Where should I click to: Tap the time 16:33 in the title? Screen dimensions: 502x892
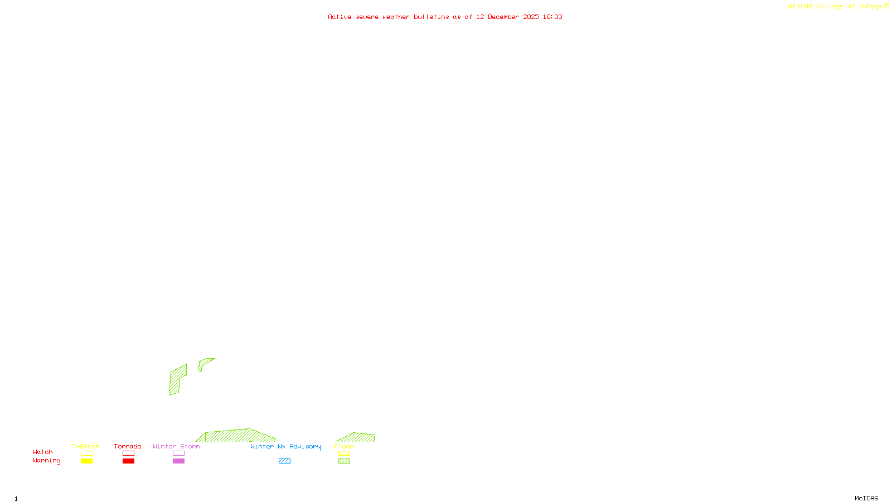(552, 17)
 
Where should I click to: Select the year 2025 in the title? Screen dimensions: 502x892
(531, 17)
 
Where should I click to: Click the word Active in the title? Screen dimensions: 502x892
(340, 17)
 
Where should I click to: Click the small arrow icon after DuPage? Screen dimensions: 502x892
(887, 6)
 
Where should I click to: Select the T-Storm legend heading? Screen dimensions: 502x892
(86, 446)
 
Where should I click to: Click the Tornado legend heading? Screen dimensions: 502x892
(128, 446)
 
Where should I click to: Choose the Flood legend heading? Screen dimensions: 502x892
(344, 446)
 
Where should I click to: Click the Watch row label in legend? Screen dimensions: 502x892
(43, 452)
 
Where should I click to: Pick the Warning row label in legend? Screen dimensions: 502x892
(46, 461)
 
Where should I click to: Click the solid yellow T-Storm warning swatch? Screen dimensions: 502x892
(86, 461)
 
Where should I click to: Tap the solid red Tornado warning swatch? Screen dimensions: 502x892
(128, 461)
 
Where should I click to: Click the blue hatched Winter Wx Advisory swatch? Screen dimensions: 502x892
(284, 461)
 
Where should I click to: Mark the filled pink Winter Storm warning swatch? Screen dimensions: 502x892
(178, 461)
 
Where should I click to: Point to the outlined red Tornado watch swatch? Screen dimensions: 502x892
(128, 453)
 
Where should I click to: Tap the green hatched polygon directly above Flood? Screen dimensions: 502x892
(357, 437)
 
